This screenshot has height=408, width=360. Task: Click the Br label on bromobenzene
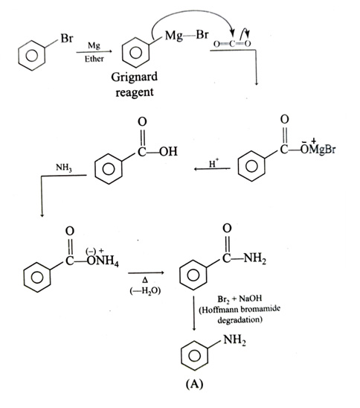tap(67, 38)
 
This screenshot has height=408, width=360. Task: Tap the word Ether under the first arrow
tap(94, 59)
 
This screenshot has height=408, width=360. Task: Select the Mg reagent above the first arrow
tap(94, 46)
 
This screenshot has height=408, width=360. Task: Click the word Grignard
tap(135, 77)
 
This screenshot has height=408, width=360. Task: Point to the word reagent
tap(135, 92)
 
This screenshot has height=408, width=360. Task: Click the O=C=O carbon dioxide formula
tap(232, 44)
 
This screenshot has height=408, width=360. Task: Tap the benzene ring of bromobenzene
tap(32, 55)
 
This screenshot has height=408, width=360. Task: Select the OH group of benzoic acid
tap(168, 151)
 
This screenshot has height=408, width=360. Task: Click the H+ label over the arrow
tap(213, 163)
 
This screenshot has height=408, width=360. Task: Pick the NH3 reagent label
tap(64, 168)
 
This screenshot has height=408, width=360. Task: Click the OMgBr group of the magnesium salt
tap(318, 148)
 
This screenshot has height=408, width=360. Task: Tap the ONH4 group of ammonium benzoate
tap(103, 259)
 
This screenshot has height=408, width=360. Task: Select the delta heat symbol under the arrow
tap(145, 281)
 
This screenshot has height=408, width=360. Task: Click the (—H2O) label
tap(145, 290)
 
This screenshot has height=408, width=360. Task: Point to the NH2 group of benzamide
tap(255, 258)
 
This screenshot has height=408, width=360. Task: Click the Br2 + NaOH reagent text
tap(240, 299)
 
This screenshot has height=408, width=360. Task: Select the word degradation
tap(240, 320)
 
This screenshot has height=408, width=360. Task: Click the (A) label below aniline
tap(194, 383)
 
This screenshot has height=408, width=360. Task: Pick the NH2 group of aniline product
tap(235, 340)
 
